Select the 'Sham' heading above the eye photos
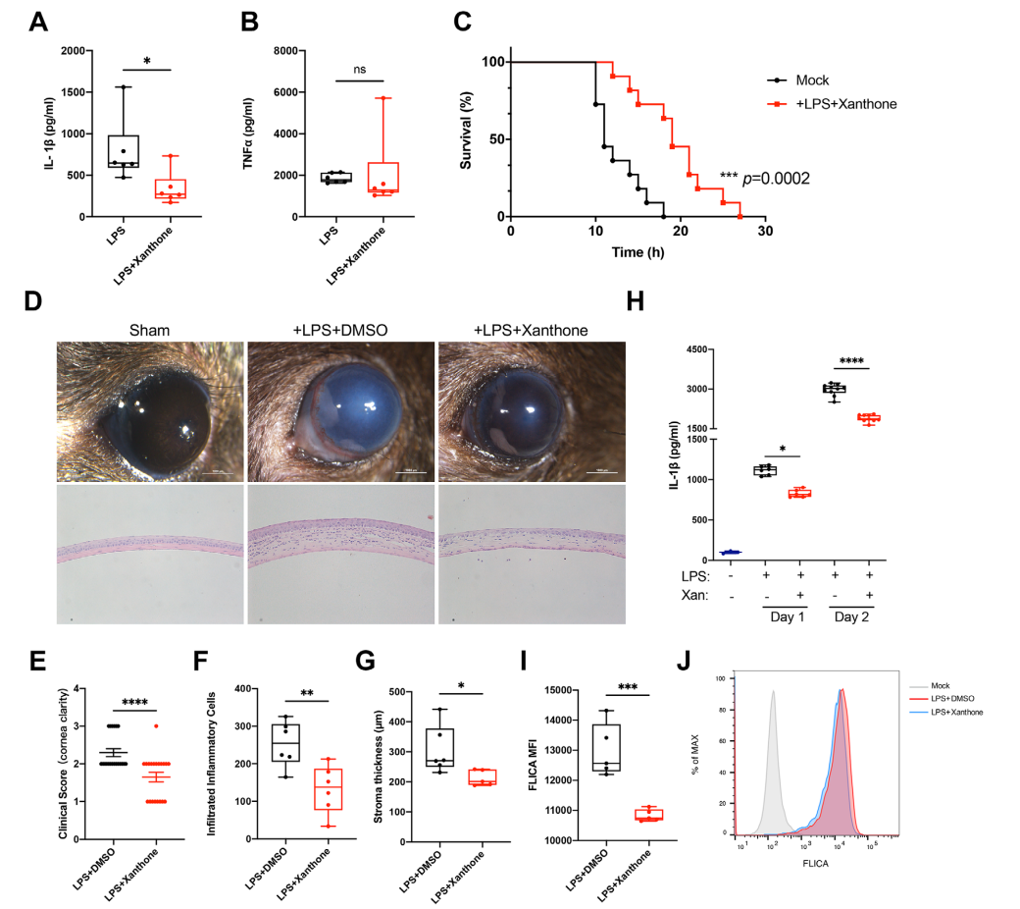[150, 332]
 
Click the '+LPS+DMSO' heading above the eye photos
[339, 332]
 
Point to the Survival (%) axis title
[469, 139]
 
